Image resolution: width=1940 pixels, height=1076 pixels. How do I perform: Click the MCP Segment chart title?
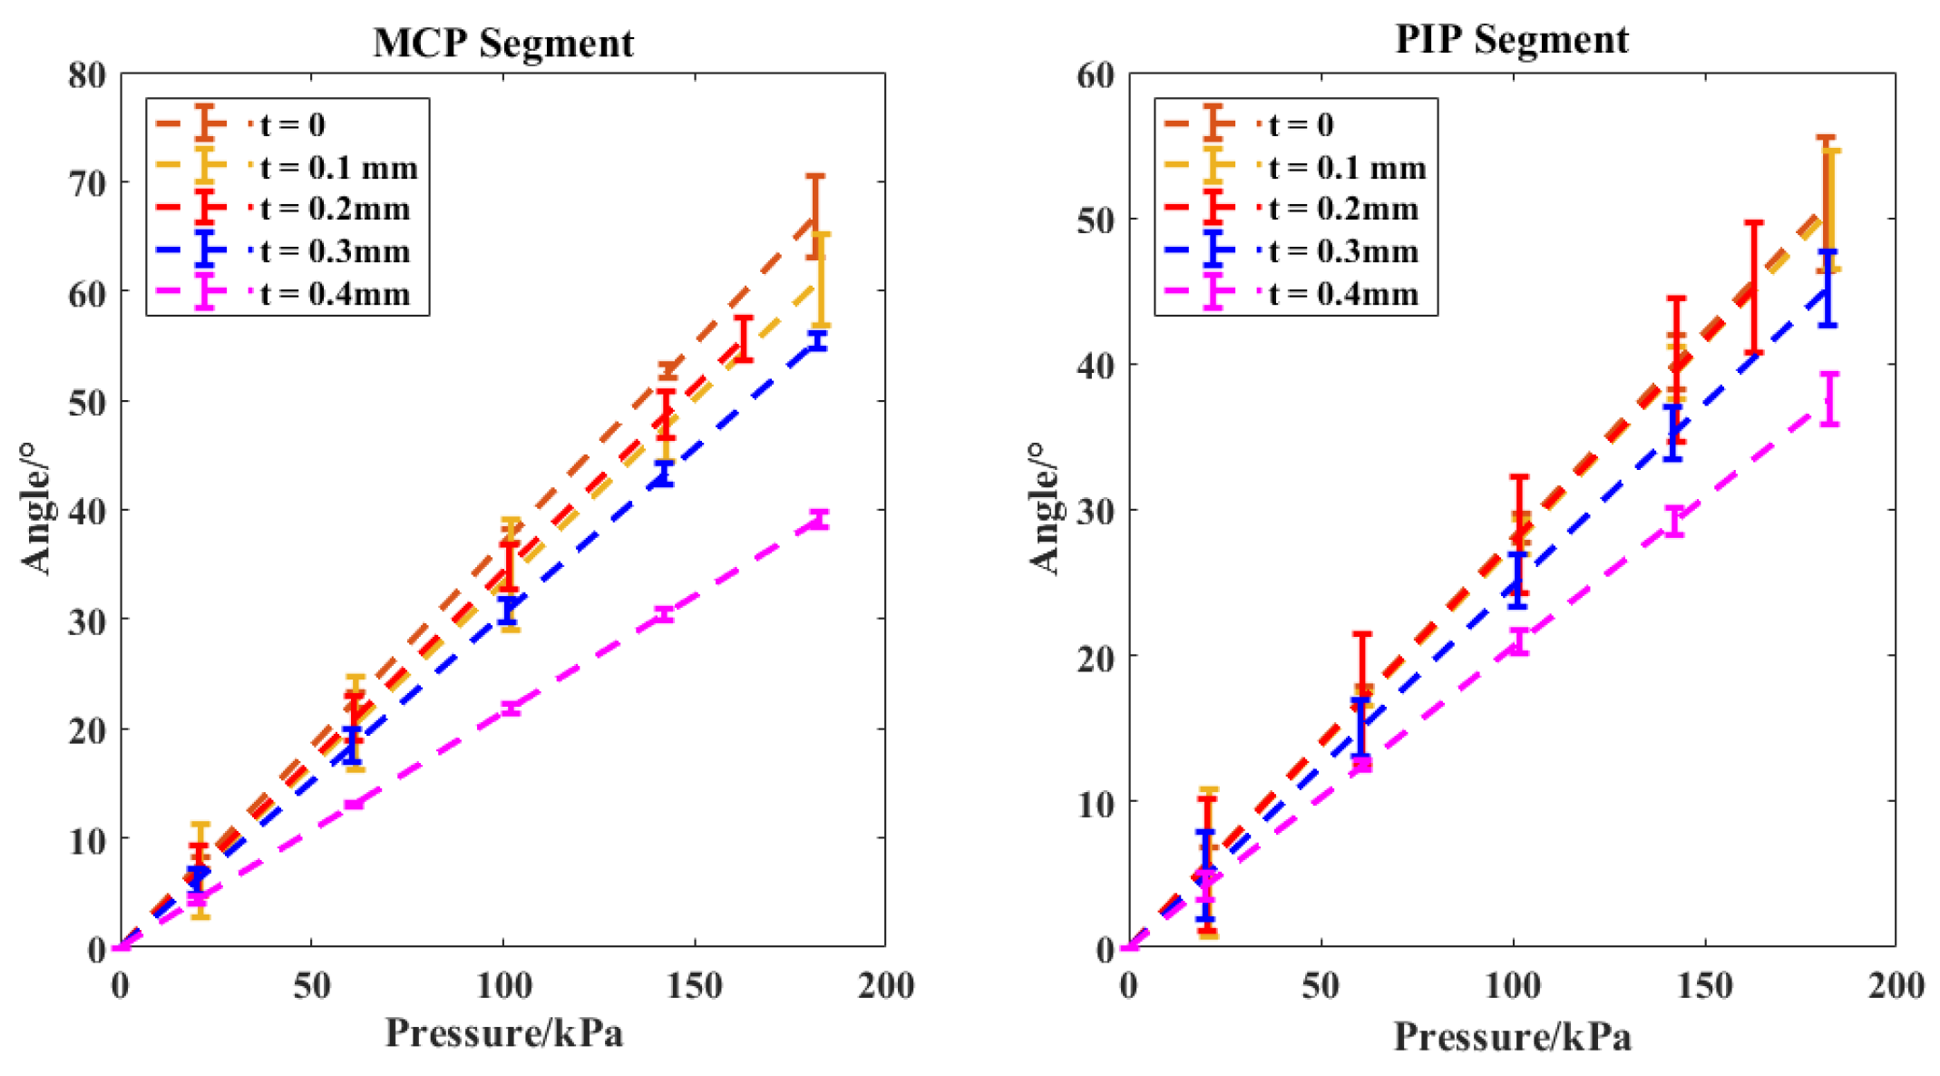tap(502, 43)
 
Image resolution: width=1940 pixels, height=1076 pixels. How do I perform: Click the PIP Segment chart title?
tap(1511, 39)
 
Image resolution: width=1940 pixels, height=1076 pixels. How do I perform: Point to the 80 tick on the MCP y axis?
tap(87, 74)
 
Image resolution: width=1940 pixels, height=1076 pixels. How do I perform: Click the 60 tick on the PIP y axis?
tap(1096, 74)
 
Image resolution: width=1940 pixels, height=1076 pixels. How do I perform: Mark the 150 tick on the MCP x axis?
tap(694, 985)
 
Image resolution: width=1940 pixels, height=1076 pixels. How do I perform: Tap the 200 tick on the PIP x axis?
tap(1896, 985)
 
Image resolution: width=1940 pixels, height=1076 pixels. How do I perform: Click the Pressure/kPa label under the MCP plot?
tap(504, 1033)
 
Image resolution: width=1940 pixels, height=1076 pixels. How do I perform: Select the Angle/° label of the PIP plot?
tap(1046, 508)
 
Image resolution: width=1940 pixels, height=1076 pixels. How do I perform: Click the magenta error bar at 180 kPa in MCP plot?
tap(819, 519)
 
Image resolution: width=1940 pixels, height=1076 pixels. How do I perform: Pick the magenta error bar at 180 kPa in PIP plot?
tap(1829, 398)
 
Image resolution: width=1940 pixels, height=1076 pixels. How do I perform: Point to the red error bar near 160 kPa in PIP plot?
tap(1754, 287)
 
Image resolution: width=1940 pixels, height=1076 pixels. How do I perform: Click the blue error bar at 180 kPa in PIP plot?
tap(1828, 289)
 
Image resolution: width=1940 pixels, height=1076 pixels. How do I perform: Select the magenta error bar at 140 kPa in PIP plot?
tap(1674, 521)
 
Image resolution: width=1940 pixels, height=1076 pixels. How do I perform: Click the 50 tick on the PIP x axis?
tap(1321, 985)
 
